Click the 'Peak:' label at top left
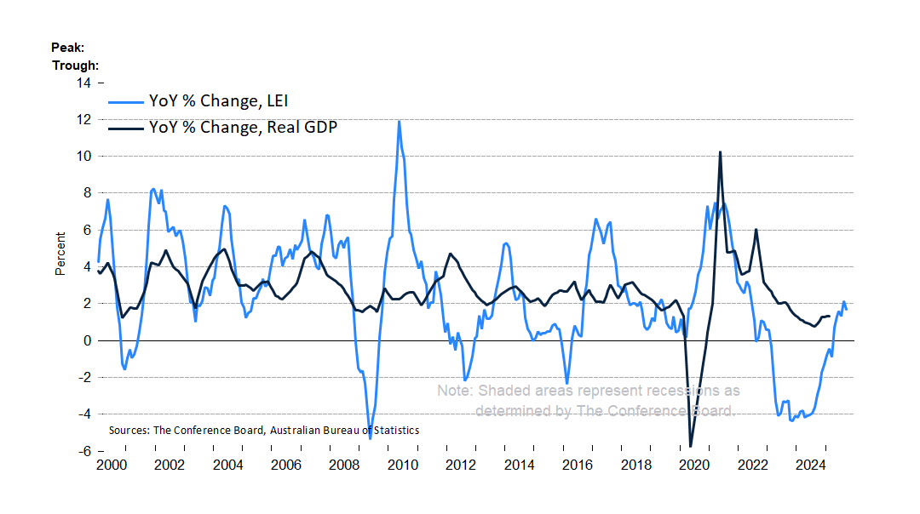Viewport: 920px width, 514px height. (67, 48)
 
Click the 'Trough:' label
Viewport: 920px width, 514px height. (75, 65)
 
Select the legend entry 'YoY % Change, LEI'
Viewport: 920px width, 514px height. (219, 101)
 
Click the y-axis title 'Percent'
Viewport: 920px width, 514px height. (60, 253)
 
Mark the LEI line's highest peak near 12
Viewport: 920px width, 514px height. (399, 121)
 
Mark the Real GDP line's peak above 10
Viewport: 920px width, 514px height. (721, 152)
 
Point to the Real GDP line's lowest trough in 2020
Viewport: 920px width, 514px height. (690, 446)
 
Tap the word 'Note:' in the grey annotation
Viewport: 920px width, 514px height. (456, 391)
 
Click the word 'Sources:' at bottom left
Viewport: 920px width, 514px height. (129, 431)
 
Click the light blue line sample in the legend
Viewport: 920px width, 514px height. (125, 101)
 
